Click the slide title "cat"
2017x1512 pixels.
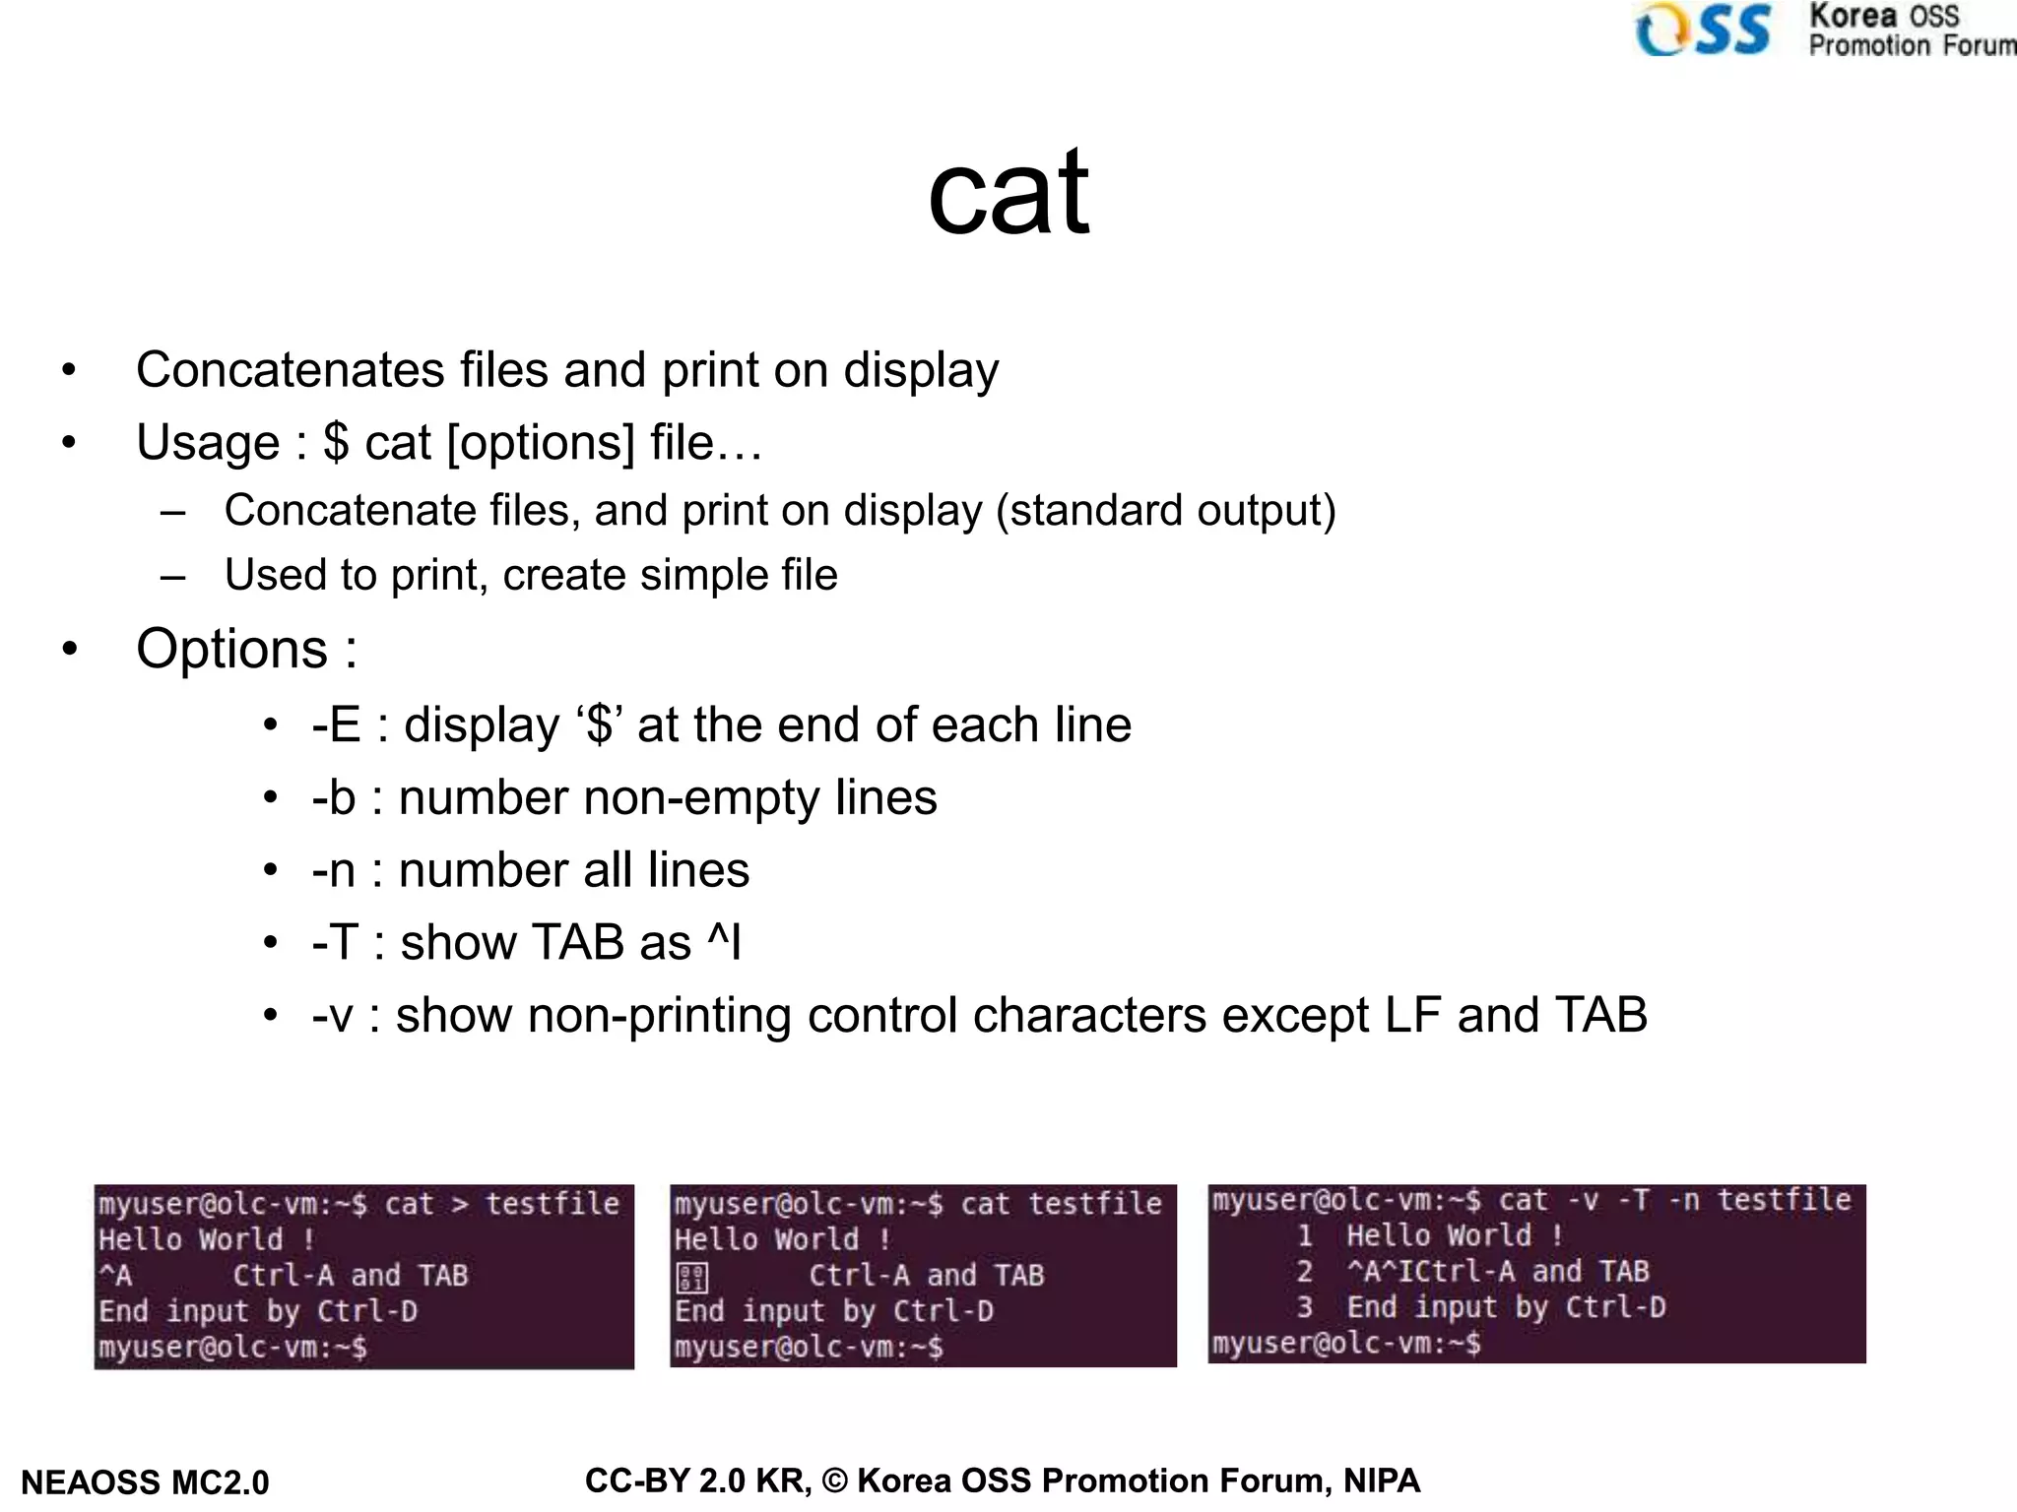[x=1008, y=193]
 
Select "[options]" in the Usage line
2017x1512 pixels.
[x=541, y=443]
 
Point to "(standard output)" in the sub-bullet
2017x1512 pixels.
[x=1165, y=511]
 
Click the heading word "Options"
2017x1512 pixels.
[x=231, y=650]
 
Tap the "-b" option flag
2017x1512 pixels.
[x=333, y=798]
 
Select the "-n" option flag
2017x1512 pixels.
[x=333, y=871]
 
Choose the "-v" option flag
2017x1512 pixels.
[x=332, y=1016]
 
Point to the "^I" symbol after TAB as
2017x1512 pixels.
[x=724, y=942]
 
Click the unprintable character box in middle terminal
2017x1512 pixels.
[x=692, y=1278]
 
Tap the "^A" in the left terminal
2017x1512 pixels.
[x=115, y=1276]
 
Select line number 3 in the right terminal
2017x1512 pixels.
[x=1305, y=1307]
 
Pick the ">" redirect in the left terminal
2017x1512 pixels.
[x=460, y=1204]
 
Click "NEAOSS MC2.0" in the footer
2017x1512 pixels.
[x=145, y=1482]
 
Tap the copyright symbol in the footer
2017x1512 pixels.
[x=834, y=1480]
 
